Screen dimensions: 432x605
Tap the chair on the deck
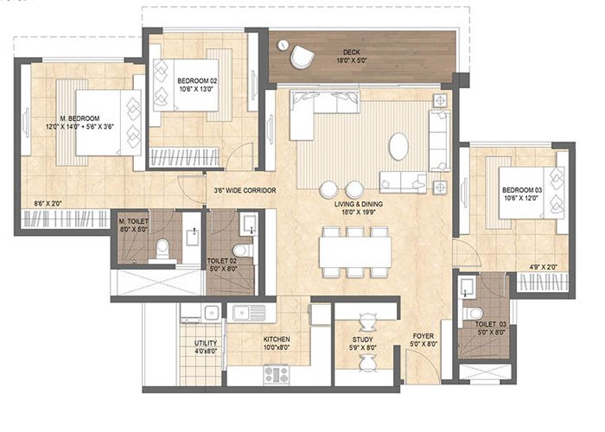tap(302, 56)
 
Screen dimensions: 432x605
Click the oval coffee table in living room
tap(398, 146)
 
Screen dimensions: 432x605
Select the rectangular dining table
tap(355, 251)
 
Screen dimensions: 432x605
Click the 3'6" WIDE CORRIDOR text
tap(245, 189)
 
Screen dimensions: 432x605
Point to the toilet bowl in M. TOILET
tap(161, 251)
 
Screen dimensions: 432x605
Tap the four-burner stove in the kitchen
tap(277, 374)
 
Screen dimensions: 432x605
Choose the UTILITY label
tap(206, 347)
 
